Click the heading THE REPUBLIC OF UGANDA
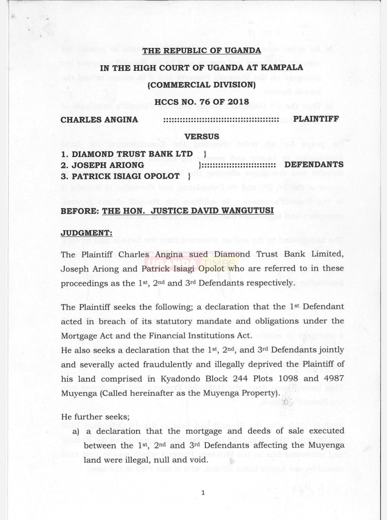coord(202,50)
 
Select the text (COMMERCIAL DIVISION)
coord(202,85)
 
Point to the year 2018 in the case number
coord(237,102)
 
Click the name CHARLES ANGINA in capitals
coord(99,120)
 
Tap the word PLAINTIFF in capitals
coord(316,119)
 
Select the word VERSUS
coord(202,136)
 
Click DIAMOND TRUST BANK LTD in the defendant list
coord(132,154)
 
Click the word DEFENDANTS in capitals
coord(314,165)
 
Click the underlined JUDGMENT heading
coord(86,233)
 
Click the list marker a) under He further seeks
coord(76,432)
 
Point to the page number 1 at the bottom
coord(203,493)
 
